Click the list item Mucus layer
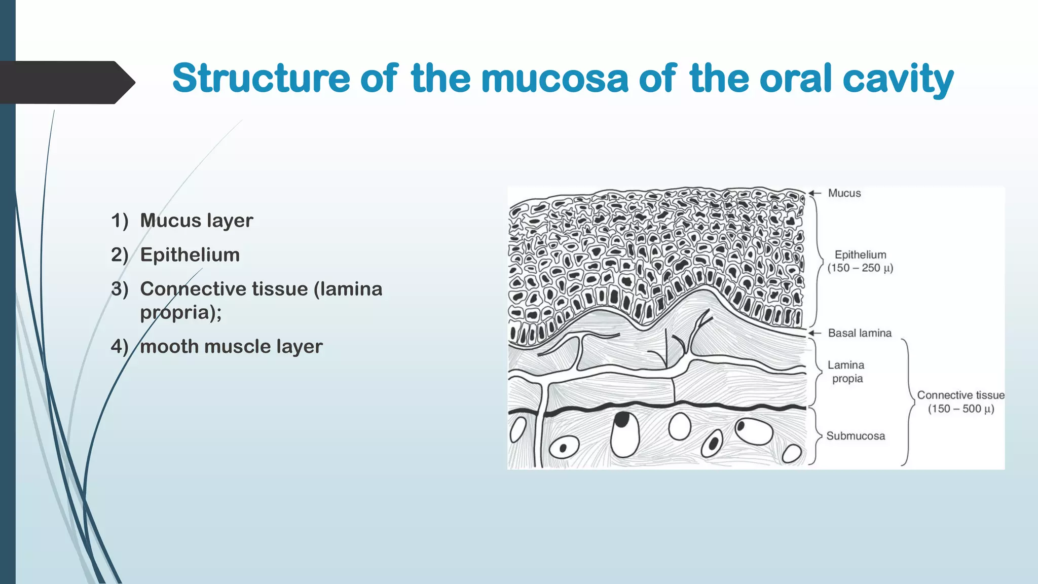pos(196,221)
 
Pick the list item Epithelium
pos(190,254)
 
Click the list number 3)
pos(120,289)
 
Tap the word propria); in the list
pos(180,312)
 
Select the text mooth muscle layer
pos(231,347)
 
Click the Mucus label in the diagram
pos(844,193)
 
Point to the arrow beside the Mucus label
pos(814,193)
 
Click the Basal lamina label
pos(860,333)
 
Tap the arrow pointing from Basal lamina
pos(814,333)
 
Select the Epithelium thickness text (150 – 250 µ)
pos(860,268)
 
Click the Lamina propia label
pos(846,372)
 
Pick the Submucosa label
pos(856,436)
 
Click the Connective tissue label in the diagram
pos(960,395)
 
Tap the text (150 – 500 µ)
pos(960,409)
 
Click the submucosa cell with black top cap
pos(624,434)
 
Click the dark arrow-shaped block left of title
pos(63,82)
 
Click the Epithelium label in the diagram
pos(860,254)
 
